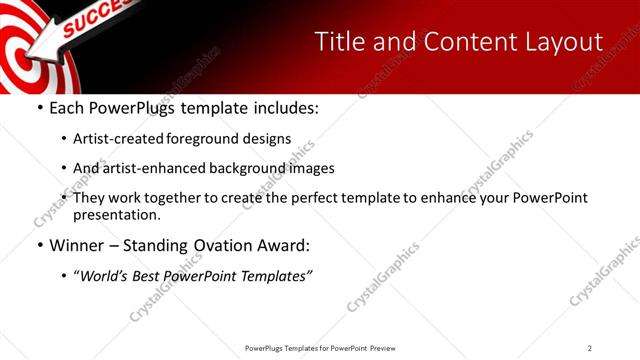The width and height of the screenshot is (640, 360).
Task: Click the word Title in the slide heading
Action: pos(339,42)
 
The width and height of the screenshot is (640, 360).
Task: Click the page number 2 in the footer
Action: pos(590,348)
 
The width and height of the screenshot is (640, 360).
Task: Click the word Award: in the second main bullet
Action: pos(286,245)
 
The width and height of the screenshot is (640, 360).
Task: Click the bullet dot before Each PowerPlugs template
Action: pos(38,108)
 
